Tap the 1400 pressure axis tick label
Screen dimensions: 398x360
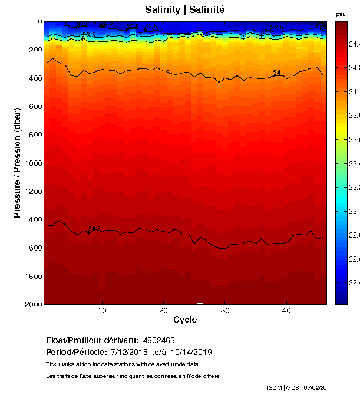(x=32, y=219)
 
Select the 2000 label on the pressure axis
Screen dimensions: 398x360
(x=32, y=304)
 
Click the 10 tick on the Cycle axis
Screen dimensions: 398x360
(x=102, y=311)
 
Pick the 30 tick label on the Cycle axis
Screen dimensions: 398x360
(x=224, y=311)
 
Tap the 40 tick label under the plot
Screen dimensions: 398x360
(x=286, y=311)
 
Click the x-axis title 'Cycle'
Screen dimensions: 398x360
(x=185, y=320)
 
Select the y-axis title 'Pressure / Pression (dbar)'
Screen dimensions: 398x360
(x=18, y=163)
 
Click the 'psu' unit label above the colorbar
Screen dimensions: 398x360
(x=341, y=14)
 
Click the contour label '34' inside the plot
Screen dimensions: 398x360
(x=276, y=73)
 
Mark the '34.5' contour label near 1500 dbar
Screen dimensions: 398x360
(x=94, y=229)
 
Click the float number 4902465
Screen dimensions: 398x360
(x=158, y=340)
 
